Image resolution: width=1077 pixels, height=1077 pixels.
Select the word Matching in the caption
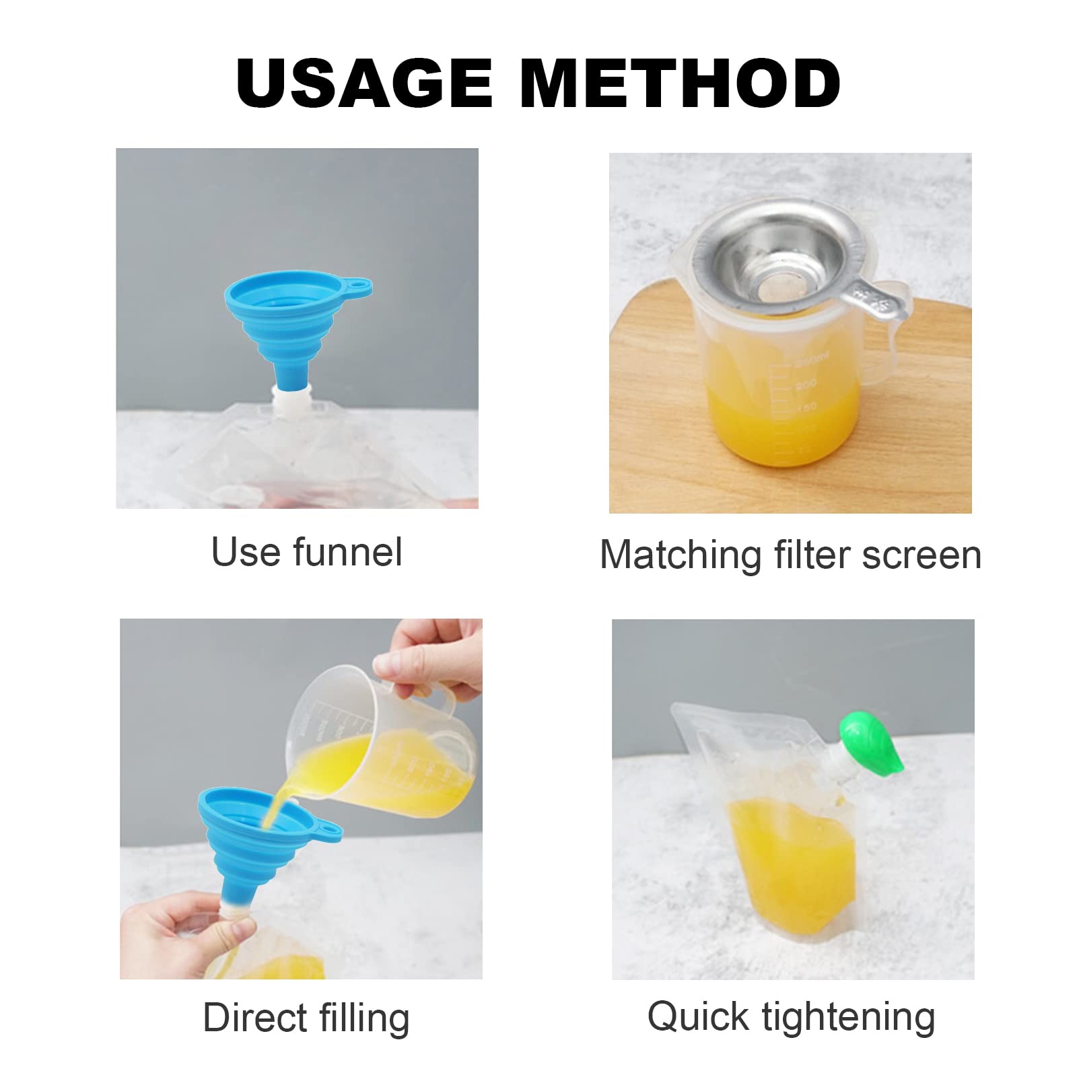pyautogui.click(x=680, y=556)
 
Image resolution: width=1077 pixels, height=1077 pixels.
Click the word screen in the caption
pyautogui.click(x=922, y=556)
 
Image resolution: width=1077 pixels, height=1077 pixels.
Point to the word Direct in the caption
pyautogui.click(x=255, y=1017)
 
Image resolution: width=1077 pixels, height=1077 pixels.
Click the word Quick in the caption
pyautogui.click(x=698, y=1016)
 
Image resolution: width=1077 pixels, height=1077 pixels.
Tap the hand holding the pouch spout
pyautogui.click(x=182, y=932)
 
